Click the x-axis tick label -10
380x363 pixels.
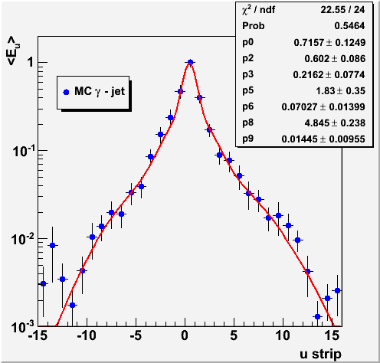(87, 335)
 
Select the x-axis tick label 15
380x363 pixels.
(332, 335)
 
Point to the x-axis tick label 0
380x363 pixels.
(185, 335)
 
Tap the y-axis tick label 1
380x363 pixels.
(31, 62)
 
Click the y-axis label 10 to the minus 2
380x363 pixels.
(23, 239)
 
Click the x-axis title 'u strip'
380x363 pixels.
(320, 354)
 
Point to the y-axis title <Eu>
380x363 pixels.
(13, 51)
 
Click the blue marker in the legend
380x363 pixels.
(66, 92)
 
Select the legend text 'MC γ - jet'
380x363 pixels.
(100, 91)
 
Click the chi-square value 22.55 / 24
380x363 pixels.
(342, 10)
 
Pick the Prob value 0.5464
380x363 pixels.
(349, 26)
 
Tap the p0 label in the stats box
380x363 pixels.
(247, 42)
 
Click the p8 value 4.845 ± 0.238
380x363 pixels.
(335, 123)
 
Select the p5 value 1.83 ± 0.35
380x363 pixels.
(341, 91)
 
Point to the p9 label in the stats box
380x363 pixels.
(247, 139)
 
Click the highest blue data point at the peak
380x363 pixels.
(190, 62)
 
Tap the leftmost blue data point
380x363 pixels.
(43, 283)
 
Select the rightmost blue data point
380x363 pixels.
(337, 290)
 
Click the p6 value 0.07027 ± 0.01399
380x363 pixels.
(323, 107)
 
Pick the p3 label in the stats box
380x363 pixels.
(247, 74)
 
